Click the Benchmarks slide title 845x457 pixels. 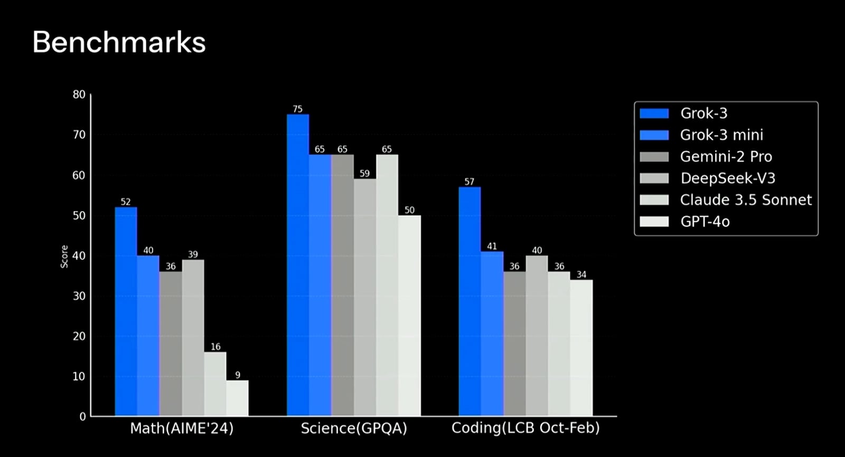(x=119, y=42)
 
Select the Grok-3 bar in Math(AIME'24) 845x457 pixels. (x=126, y=311)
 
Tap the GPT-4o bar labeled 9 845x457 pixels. (x=237, y=398)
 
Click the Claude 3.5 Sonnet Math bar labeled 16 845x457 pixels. (x=215, y=384)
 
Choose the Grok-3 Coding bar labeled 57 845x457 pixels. (x=470, y=301)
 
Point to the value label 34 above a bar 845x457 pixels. (x=581, y=274)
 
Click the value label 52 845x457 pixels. (x=126, y=202)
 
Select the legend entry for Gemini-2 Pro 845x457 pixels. (x=726, y=157)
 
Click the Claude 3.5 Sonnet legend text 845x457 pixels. (x=746, y=200)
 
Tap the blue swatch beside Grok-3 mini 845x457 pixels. (x=654, y=135)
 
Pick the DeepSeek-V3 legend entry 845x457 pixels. (x=727, y=178)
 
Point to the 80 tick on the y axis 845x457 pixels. (x=79, y=94)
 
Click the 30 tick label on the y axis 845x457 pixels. (x=79, y=296)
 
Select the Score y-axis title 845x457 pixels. (x=64, y=256)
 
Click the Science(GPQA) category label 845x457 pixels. (x=354, y=428)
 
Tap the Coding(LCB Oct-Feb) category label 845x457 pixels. (x=525, y=428)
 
